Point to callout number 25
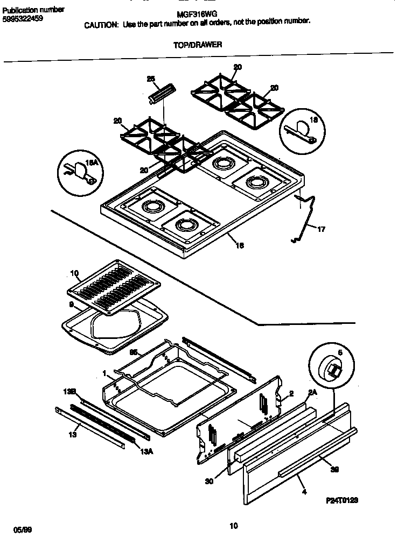(x=151, y=79)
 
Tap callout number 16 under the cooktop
(x=240, y=245)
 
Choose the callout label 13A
(x=147, y=451)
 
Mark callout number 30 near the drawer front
(x=209, y=481)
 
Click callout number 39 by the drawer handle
(x=334, y=469)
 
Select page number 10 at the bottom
(x=233, y=526)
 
